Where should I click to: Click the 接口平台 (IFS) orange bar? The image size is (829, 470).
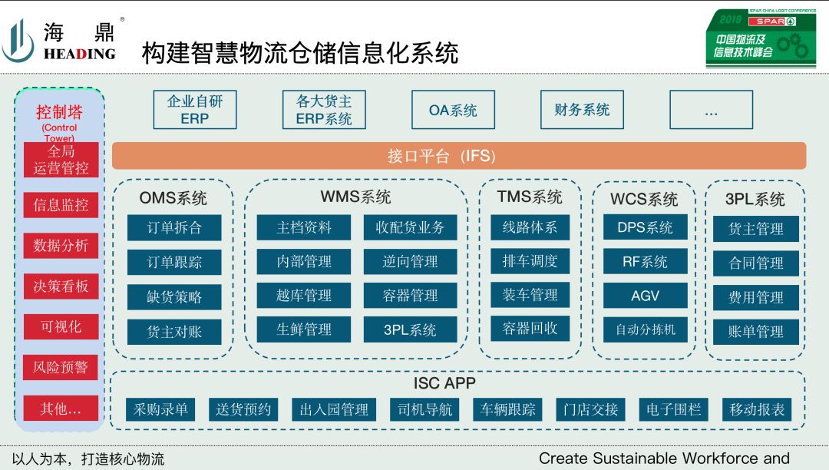[459, 156]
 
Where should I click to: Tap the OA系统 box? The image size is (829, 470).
[453, 110]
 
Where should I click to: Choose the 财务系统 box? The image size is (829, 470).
[582, 110]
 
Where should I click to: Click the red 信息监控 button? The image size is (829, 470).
[61, 205]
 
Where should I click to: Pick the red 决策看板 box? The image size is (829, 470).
[61, 286]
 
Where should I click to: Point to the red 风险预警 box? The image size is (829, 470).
[61, 368]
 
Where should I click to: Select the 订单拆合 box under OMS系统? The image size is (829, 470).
[174, 228]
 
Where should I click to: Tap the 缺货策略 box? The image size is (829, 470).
[174, 297]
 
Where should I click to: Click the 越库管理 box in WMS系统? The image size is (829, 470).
[304, 296]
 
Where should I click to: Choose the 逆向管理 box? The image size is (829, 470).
[410, 262]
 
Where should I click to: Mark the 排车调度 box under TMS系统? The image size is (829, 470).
[530, 261]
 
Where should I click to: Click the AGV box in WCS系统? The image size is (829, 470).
[645, 296]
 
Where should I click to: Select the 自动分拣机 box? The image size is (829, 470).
[645, 329]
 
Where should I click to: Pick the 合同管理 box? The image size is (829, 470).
[755, 263]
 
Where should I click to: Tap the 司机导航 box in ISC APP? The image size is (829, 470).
[424, 409]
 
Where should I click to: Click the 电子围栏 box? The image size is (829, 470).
[673, 409]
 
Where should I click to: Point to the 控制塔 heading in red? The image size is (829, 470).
[59, 112]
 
